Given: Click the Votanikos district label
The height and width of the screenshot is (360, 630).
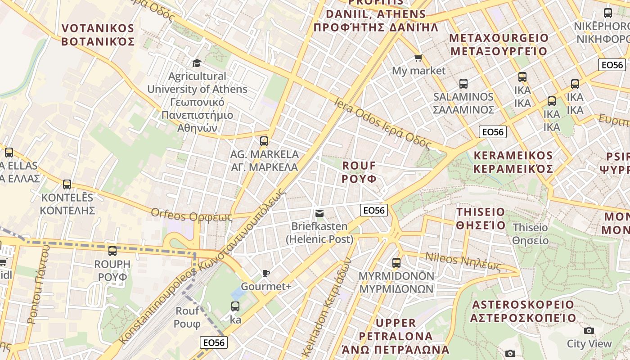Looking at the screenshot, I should pyautogui.click(x=98, y=35).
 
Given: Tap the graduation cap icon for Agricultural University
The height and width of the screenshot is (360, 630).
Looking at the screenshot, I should pyautogui.click(x=197, y=63).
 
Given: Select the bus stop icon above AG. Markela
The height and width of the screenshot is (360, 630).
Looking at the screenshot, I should pyautogui.click(x=264, y=141).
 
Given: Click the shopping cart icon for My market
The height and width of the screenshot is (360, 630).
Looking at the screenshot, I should pyautogui.click(x=418, y=58).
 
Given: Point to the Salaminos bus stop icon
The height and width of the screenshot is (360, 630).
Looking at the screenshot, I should pyautogui.click(x=463, y=84).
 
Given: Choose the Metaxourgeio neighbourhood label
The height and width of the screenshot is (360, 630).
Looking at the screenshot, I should pyautogui.click(x=499, y=44).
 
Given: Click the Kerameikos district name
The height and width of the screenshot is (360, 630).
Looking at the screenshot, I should pyautogui.click(x=513, y=162).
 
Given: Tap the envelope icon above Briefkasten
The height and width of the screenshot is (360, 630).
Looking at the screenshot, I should pyautogui.click(x=319, y=213).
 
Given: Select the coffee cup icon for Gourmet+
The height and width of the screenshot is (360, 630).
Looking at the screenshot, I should pyautogui.click(x=266, y=273).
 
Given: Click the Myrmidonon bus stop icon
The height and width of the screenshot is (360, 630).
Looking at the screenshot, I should pyautogui.click(x=396, y=262).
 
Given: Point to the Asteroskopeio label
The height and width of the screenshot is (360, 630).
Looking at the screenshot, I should pyautogui.click(x=523, y=311).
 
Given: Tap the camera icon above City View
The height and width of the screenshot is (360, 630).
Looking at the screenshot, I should pyautogui.click(x=589, y=331).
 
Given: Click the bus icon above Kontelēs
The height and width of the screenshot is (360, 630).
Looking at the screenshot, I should pyautogui.click(x=67, y=184).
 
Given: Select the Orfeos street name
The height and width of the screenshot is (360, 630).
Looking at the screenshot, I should pyautogui.click(x=191, y=215).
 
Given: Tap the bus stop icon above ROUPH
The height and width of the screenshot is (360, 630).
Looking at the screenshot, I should pyautogui.click(x=112, y=251).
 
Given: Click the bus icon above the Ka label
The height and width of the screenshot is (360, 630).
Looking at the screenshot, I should pyautogui.click(x=235, y=307).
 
